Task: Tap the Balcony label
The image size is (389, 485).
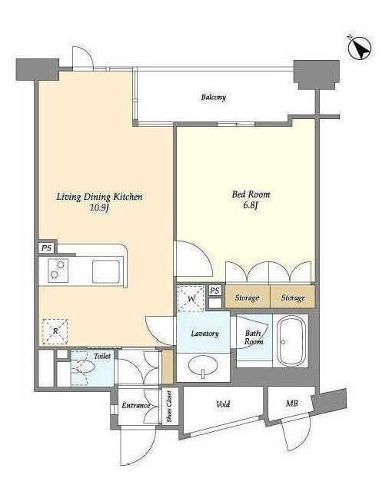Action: pos(214,97)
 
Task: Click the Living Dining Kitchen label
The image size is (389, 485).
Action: pos(99,197)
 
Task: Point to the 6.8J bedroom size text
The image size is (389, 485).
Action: pos(251,205)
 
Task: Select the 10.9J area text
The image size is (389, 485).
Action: pos(99,208)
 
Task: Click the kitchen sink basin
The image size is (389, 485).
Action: pos(106,271)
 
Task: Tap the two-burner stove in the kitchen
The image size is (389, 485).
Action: pos(58,270)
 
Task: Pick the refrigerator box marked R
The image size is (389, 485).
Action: pos(55,331)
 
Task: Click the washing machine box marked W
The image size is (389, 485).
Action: pos(191,298)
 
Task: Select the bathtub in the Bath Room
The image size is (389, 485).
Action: pos(291,340)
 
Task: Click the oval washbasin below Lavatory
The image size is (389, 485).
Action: pos(203,366)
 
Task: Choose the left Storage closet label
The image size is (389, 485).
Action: pos(247,298)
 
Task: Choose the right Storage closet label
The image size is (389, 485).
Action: pos(293,298)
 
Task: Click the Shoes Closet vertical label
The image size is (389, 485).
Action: pos(169,406)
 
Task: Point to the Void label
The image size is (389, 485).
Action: pos(223,404)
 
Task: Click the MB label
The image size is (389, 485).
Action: pos(292,404)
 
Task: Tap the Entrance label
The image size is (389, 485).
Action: pos(136,405)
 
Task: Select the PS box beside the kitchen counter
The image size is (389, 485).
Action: pos(47,247)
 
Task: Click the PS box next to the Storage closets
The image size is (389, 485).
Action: pos(214,291)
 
